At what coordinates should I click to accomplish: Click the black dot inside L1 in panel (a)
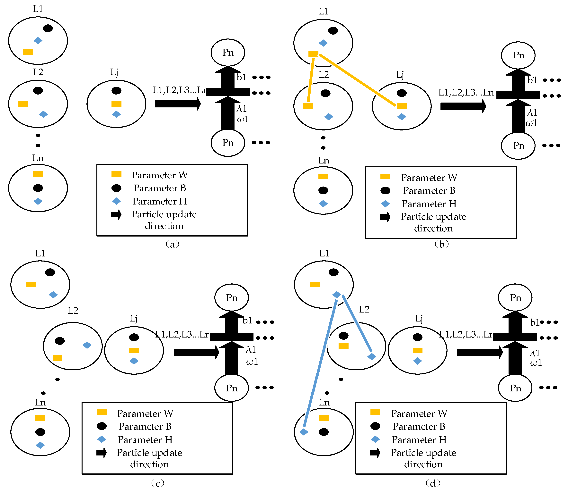point(48,28)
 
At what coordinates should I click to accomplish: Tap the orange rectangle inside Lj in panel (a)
point(116,104)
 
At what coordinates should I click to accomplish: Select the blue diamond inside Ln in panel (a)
point(38,201)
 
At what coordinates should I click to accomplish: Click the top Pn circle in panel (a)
point(228,52)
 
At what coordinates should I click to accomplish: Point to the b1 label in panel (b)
point(532,80)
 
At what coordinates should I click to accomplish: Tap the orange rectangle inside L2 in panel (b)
point(308,106)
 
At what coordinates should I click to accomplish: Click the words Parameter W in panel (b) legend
point(429,178)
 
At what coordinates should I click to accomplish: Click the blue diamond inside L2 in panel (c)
point(87,345)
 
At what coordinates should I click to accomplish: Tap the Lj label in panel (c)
point(133,319)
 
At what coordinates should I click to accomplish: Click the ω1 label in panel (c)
point(252,362)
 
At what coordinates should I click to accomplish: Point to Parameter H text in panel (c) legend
point(145,440)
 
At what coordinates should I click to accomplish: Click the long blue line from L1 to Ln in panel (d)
point(320,363)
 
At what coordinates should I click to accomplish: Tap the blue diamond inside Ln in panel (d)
point(304,432)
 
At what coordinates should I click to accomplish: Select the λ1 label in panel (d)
point(535,353)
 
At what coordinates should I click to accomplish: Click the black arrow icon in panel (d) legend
point(375,453)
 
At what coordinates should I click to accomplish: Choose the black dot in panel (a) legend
point(116,188)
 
